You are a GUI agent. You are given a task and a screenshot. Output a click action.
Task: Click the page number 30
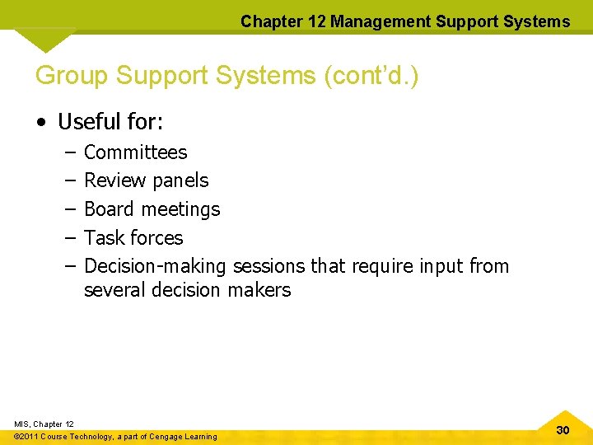pos(563,430)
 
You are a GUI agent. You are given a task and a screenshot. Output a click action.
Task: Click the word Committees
pos(135,152)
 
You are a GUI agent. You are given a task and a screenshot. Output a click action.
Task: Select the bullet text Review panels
pos(146,180)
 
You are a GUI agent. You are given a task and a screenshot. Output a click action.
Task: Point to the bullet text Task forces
pos(133,238)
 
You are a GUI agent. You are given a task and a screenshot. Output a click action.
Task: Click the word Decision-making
pos(156,266)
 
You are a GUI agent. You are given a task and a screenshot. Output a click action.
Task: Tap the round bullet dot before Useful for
pos(40,123)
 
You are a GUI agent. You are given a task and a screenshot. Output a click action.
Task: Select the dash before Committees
pos(67,152)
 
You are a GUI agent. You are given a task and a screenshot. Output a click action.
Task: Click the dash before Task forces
pos(67,238)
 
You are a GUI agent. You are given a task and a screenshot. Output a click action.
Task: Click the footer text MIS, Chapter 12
pos(44,424)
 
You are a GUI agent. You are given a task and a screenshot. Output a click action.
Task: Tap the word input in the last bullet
pos(441,266)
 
